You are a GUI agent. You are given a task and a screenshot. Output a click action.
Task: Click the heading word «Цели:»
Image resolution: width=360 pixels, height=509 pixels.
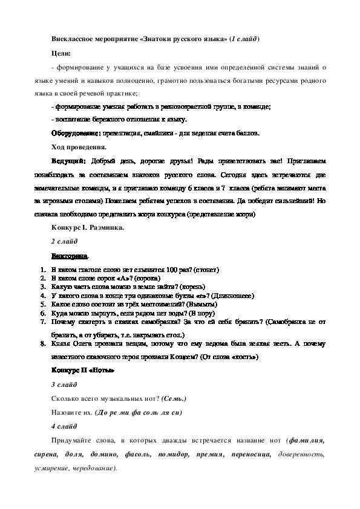(62, 54)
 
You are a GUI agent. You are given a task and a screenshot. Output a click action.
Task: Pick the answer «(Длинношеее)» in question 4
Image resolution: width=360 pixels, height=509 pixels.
(228, 296)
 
